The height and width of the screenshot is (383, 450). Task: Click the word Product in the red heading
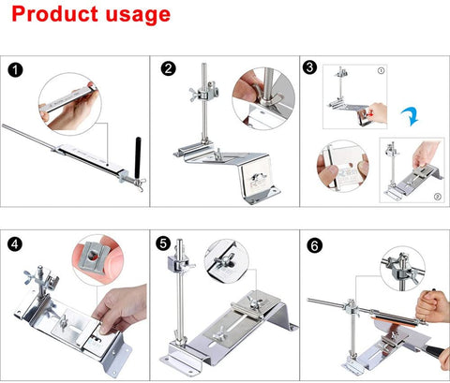55,14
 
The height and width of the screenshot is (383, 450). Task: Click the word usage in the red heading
138,16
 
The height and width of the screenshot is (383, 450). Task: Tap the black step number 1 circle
15,70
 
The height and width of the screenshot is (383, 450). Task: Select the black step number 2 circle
169,68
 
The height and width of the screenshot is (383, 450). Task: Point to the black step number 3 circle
309,67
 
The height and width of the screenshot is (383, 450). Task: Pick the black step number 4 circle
15,243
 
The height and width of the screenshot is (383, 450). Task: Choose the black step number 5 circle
163,243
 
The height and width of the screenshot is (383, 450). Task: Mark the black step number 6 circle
314,245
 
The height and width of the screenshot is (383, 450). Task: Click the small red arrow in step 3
370,114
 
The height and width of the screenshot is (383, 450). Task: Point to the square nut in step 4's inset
94,257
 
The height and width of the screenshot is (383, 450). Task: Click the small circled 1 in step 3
381,70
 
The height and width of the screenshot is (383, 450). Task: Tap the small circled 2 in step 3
438,197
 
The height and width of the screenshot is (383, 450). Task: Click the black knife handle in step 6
435,349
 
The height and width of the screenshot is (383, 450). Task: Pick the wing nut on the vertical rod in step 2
195,94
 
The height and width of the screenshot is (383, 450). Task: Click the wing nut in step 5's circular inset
222,261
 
